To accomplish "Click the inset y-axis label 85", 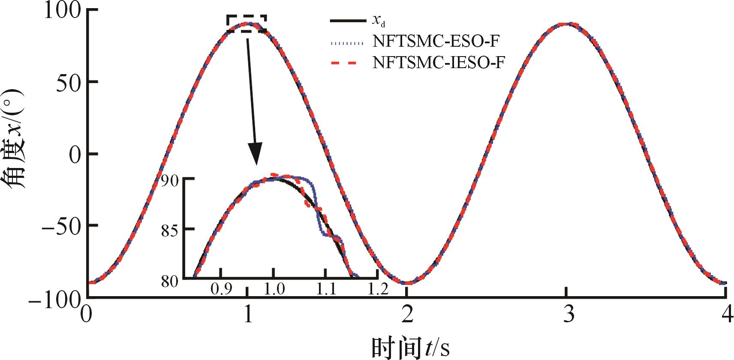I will (170, 230).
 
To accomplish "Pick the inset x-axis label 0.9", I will (221, 289).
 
